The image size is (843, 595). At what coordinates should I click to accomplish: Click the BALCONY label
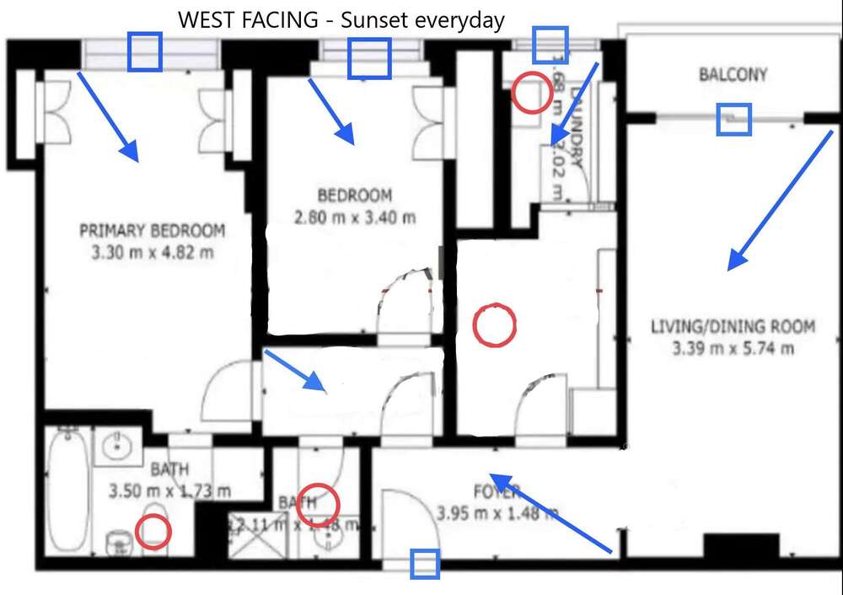(x=733, y=75)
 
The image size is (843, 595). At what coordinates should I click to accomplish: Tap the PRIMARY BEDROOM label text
(x=152, y=230)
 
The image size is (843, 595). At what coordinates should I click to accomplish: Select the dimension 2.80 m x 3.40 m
(x=355, y=217)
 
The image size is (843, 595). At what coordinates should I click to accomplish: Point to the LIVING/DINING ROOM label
(x=733, y=326)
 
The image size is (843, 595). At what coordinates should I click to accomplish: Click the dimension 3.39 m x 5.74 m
(x=733, y=347)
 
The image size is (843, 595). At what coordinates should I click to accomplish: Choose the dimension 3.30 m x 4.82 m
(x=152, y=251)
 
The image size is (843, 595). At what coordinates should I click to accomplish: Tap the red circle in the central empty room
(x=494, y=325)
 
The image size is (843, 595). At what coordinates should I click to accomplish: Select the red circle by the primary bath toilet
(x=153, y=531)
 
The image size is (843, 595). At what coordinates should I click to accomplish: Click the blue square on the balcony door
(x=733, y=119)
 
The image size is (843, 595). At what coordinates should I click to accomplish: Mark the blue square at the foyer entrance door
(x=425, y=564)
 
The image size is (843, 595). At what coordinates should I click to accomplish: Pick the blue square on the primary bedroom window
(x=144, y=51)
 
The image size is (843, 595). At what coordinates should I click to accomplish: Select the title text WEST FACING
(x=248, y=20)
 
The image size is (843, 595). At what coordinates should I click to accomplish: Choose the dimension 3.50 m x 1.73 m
(x=169, y=490)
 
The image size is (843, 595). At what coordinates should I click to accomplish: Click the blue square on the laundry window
(x=550, y=44)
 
